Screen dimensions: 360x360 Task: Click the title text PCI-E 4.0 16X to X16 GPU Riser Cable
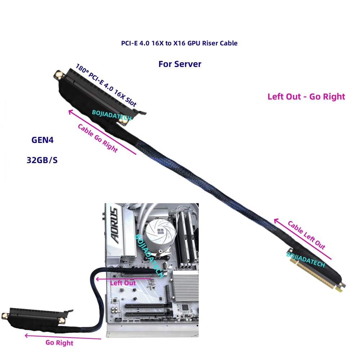[x=179, y=43]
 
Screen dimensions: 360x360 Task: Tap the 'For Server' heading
[x=180, y=64]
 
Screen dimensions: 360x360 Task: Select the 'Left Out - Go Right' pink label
[x=306, y=96]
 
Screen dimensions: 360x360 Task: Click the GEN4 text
[x=42, y=140]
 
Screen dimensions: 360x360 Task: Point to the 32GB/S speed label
[x=42, y=160]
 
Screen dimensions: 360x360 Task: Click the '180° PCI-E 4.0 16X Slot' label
[x=106, y=85]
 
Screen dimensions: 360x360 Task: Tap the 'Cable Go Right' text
[x=98, y=138]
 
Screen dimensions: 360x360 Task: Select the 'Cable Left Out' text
[x=306, y=235]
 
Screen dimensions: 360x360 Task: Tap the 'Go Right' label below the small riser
[x=59, y=343]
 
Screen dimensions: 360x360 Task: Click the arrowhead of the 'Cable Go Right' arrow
[x=71, y=112]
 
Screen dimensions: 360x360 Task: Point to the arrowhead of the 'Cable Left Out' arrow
[x=276, y=221]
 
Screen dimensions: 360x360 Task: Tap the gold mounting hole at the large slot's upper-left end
[x=59, y=75]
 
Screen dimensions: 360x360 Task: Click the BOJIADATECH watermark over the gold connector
[x=306, y=260]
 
